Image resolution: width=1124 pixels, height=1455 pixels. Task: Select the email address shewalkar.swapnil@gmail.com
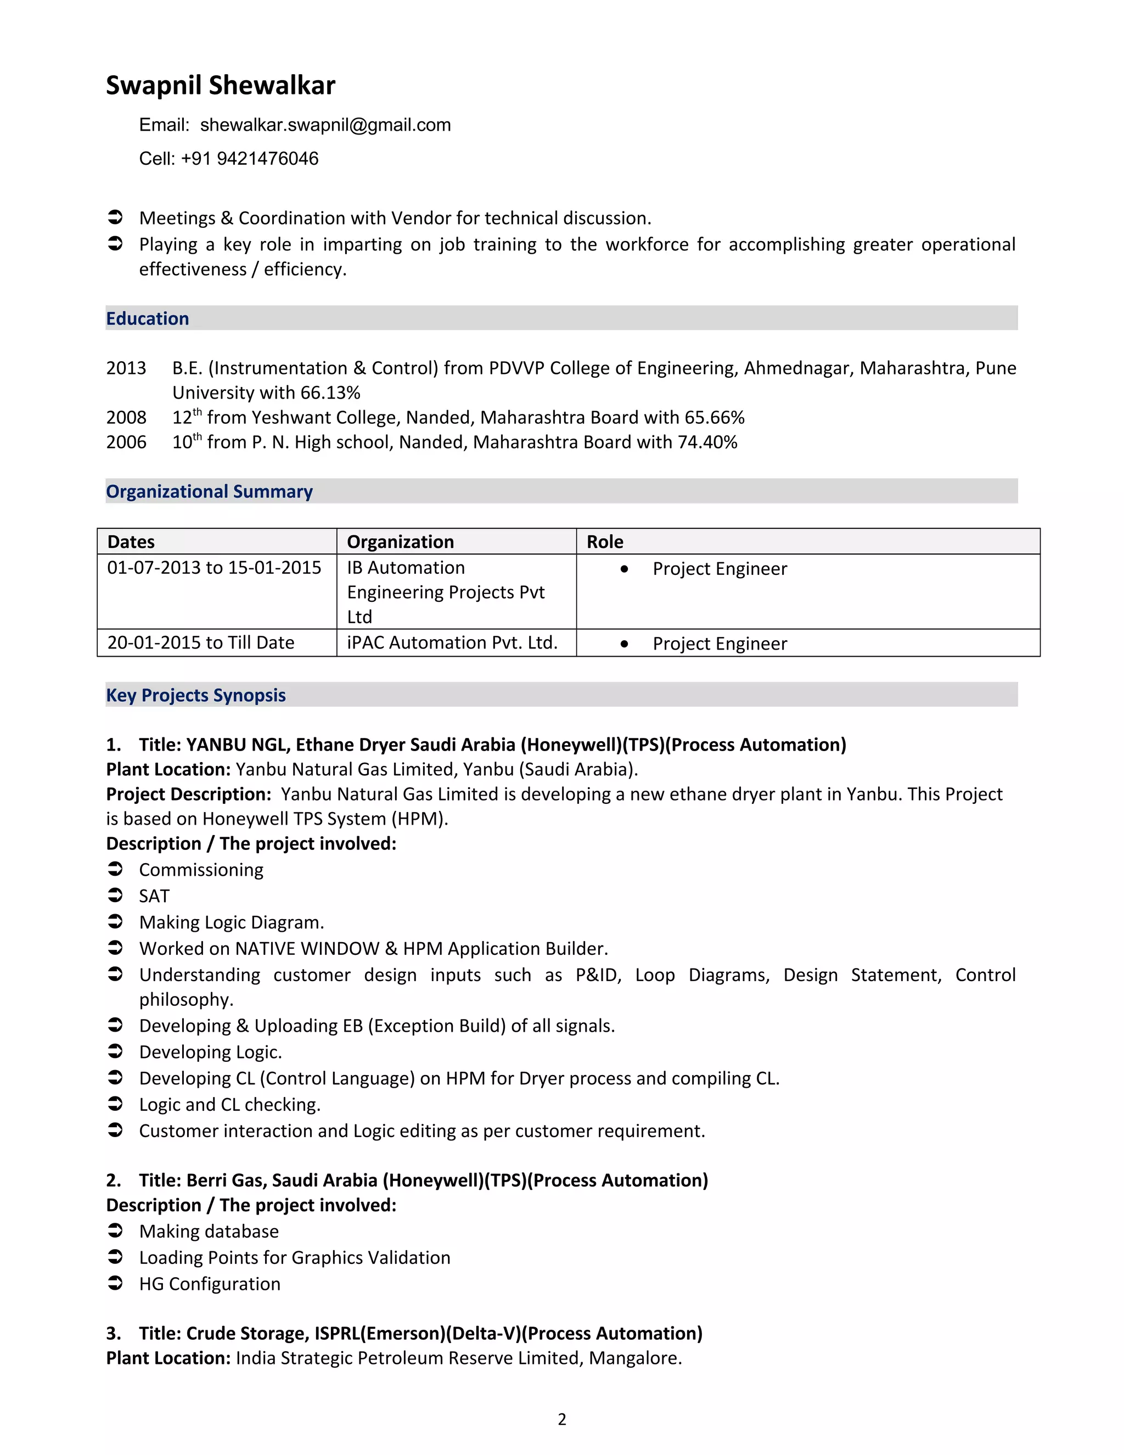(325, 125)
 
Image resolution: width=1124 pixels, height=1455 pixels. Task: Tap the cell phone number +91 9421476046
(249, 159)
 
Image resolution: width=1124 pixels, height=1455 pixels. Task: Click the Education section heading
(147, 318)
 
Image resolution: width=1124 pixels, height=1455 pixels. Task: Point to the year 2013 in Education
(126, 368)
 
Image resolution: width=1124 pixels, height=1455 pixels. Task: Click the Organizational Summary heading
(209, 491)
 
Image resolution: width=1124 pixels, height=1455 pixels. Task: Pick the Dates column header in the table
(131, 541)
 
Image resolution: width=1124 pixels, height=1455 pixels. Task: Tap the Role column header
(605, 541)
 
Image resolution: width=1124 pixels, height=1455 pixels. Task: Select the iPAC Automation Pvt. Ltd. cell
(452, 643)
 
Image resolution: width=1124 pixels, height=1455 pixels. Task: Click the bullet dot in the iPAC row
(624, 643)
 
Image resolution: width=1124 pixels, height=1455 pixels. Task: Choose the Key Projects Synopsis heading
(196, 696)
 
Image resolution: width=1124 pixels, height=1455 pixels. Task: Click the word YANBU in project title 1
(216, 745)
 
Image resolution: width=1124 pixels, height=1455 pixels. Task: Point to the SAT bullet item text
(154, 897)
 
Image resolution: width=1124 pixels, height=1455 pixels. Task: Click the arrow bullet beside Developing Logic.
(115, 1051)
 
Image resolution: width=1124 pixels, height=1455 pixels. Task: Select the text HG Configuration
(210, 1284)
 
